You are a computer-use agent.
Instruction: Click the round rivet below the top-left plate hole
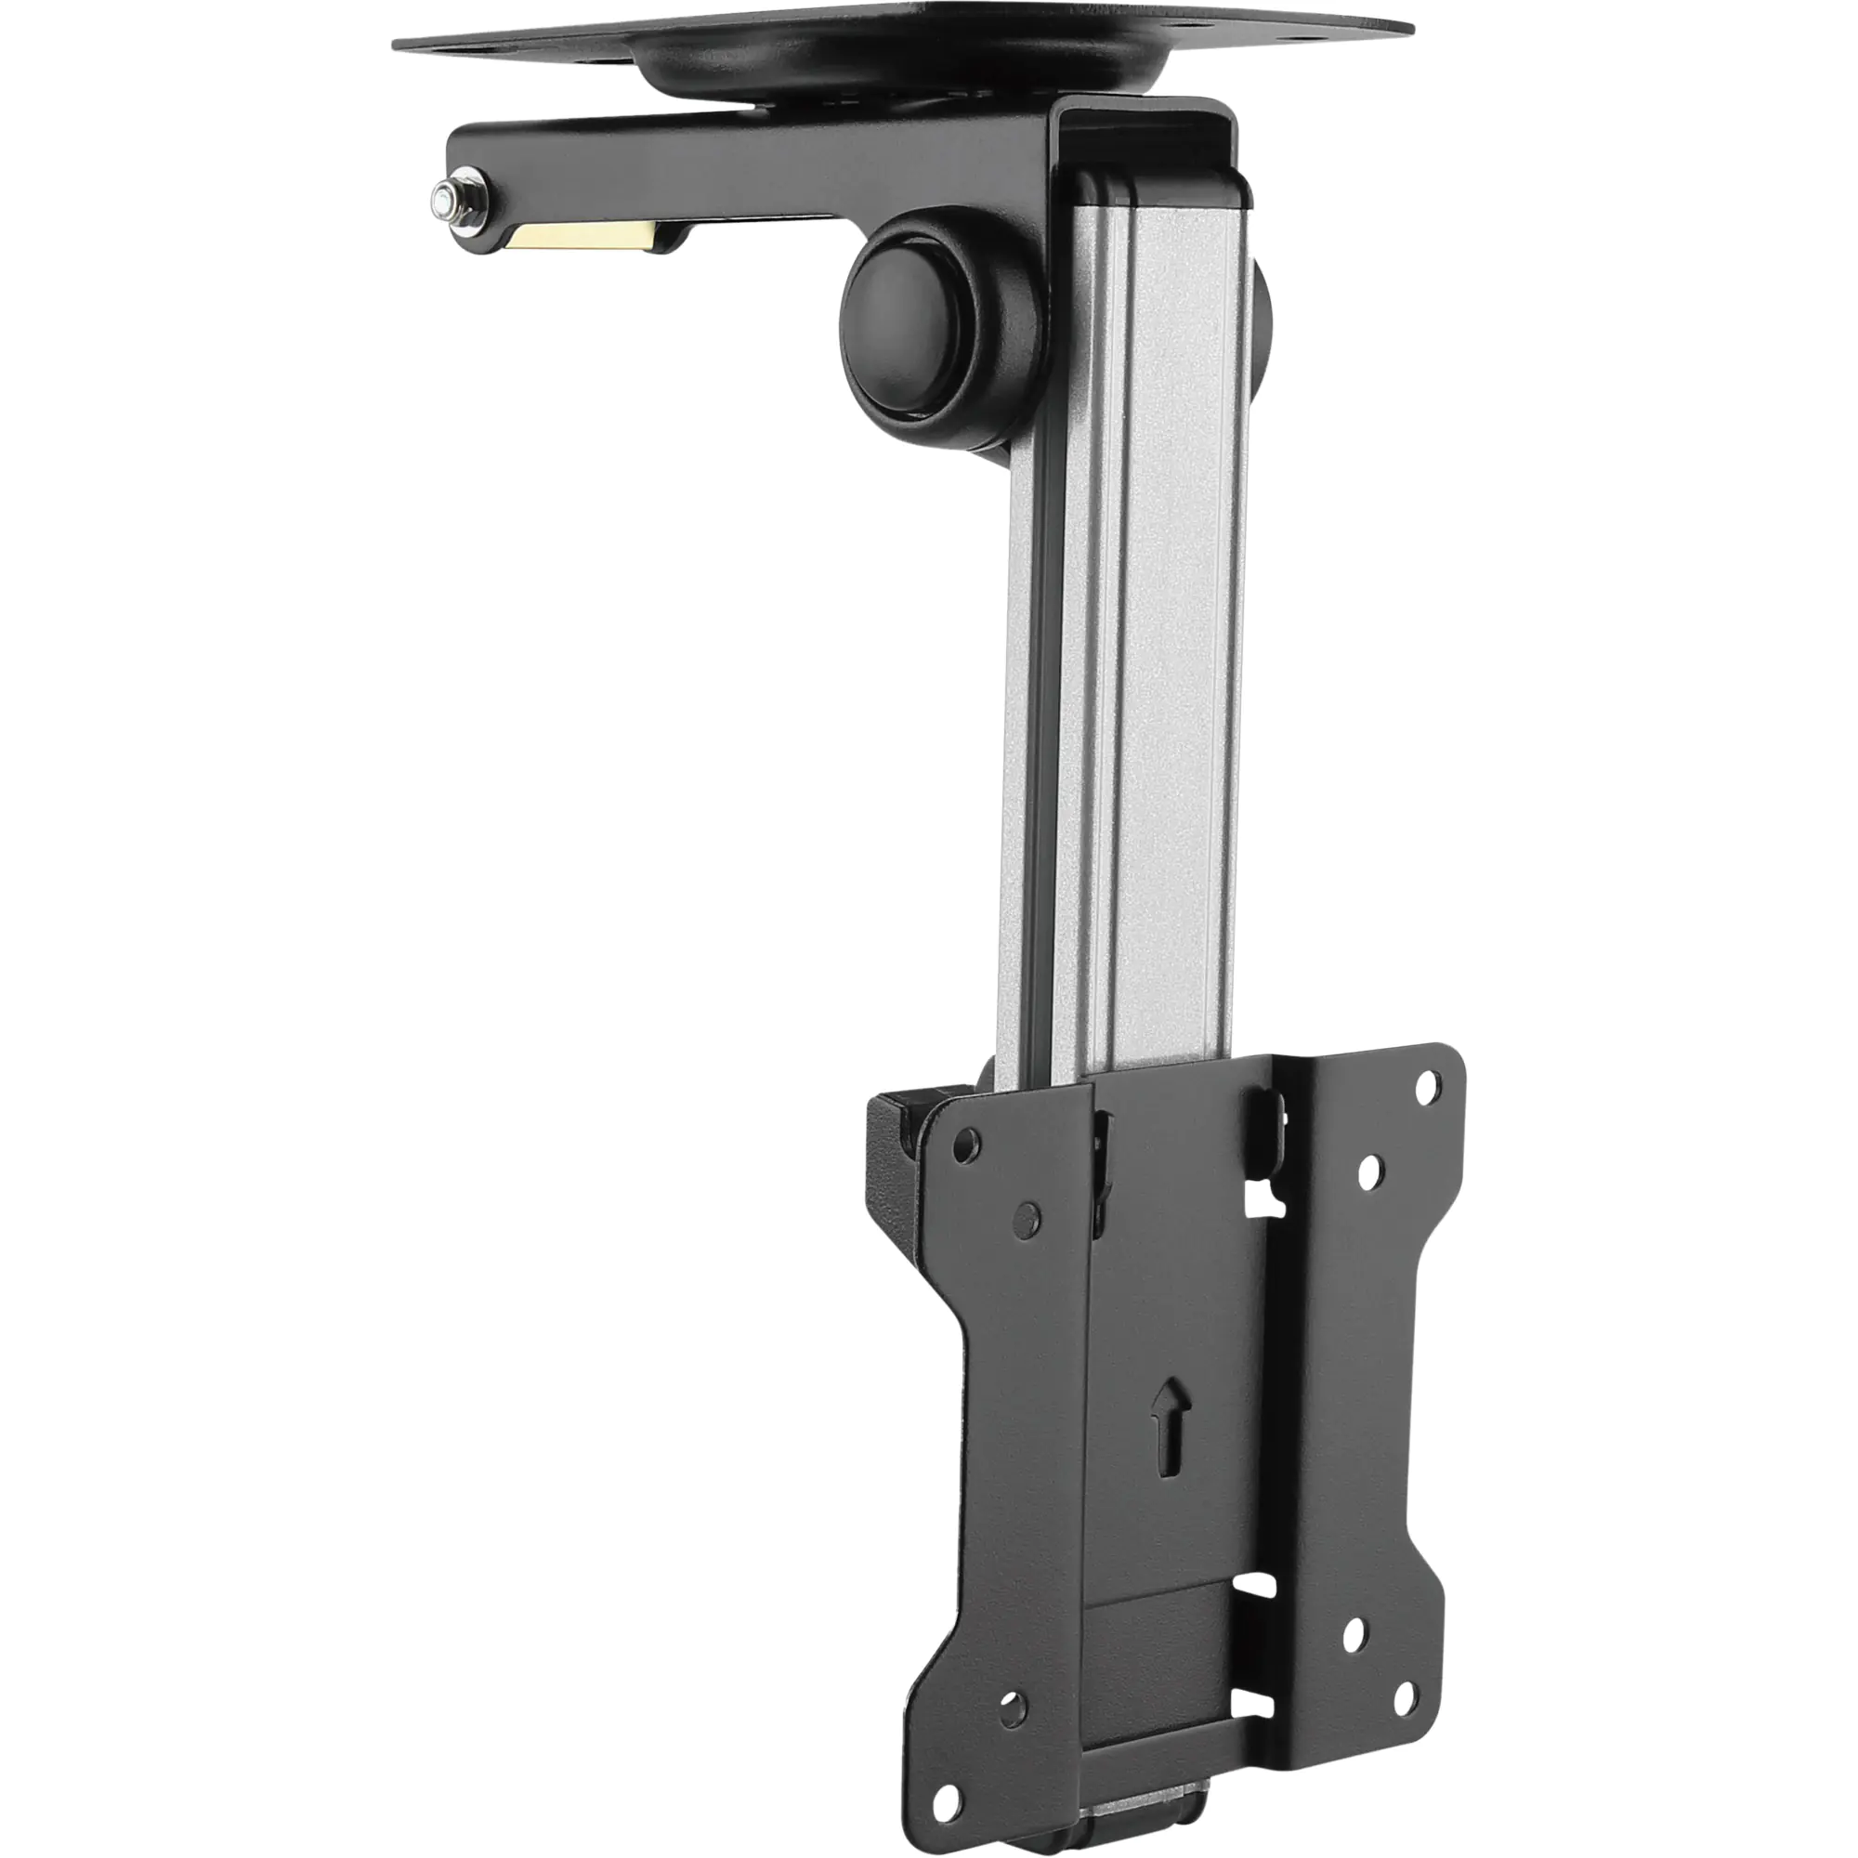point(1027,1218)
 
